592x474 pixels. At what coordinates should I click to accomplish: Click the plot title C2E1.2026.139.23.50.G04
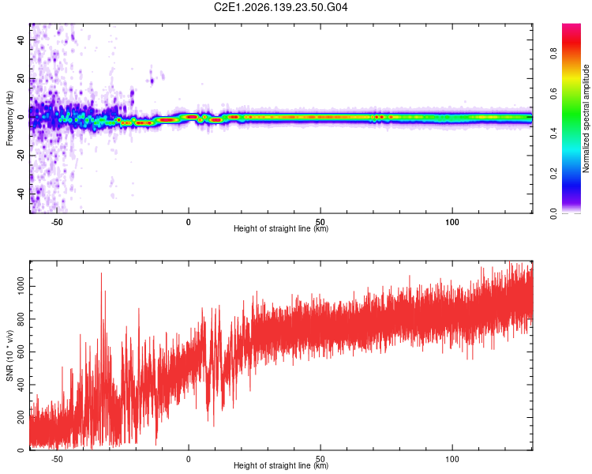pyautogui.click(x=280, y=7)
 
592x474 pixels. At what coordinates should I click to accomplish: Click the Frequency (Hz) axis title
pyautogui.click(x=9, y=118)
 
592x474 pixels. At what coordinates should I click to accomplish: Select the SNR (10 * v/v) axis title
pyautogui.click(x=9, y=355)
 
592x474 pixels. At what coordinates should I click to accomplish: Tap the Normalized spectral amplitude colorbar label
pyautogui.click(x=586, y=118)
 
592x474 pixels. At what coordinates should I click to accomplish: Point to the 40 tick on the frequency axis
pyautogui.click(x=21, y=39)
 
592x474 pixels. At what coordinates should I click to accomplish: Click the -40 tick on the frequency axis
pyautogui.click(x=21, y=194)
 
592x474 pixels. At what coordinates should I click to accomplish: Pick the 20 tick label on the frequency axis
pyautogui.click(x=21, y=79)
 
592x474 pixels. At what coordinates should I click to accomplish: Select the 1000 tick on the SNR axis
pyautogui.click(x=21, y=286)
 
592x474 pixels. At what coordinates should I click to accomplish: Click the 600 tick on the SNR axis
pyautogui.click(x=21, y=352)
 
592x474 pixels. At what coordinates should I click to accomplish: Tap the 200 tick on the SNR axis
pyautogui.click(x=21, y=417)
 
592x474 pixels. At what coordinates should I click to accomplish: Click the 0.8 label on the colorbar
pyautogui.click(x=553, y=53)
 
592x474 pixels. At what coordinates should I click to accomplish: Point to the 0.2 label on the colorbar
pyautogui.click(x=553, y=173)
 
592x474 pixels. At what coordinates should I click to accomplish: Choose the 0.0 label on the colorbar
pyautogui.click(x=553, y=214)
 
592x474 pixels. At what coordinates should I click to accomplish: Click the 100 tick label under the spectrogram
pyautogui.click(x=452, y=222)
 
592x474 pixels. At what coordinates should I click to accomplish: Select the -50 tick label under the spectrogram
pyautogui.click(x=57, y=222)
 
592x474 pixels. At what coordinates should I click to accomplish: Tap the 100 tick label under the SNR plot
pyautogui.click(x=452, y=459)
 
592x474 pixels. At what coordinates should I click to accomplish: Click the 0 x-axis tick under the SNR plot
pyautogui.click(x=189, y=459)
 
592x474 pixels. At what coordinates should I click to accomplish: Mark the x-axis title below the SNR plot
pyautogui.click(x=281, y=465)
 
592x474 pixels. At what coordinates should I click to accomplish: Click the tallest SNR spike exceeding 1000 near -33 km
pyautogui.click(x=101, y=273)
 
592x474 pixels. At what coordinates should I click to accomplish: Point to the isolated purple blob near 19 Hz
pyautogui.click(x=152, y=81)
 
